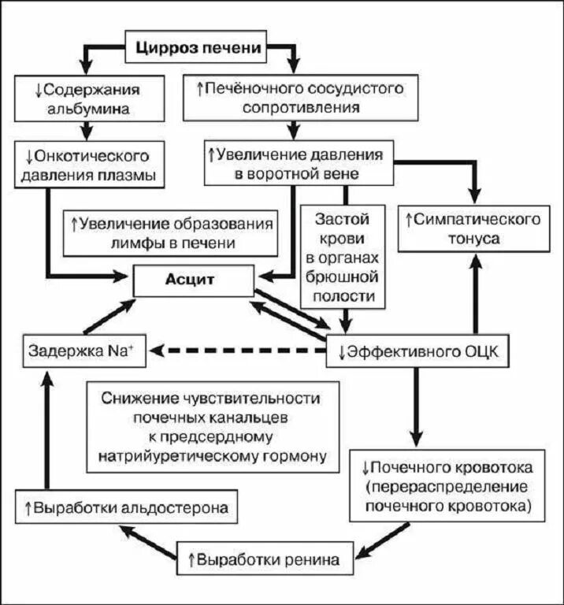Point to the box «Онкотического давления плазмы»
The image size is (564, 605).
click(x=91, y=164)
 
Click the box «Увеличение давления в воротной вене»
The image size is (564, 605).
click(x=299, y=164)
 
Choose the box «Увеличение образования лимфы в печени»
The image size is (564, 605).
click(x=171, y=232)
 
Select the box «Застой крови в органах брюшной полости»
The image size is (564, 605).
click(x=343, y=257)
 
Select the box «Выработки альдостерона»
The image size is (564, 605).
click(x=126, y=507)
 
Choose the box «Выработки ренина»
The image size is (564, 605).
click(x=264, y=560)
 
